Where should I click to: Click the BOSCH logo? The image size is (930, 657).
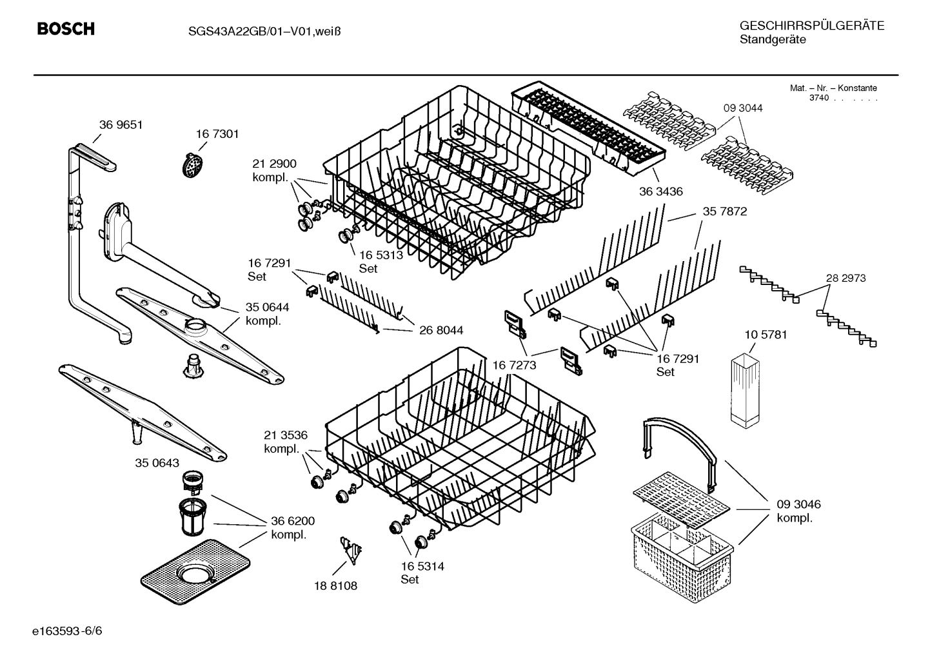coord(66,29)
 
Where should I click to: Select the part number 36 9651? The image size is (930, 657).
coord(121,124)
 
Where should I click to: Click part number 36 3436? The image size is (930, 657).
coord(660,191)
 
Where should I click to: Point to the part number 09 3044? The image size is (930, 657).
coord(742,108)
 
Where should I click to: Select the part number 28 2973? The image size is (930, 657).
coord(846,278)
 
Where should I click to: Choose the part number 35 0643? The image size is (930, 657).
coord(157,463)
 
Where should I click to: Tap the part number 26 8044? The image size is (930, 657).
coord(440,330)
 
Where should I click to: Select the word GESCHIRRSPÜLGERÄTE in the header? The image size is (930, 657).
coord(811,26)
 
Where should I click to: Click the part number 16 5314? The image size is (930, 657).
coord(422,566)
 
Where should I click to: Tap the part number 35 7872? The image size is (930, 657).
coord(724,211)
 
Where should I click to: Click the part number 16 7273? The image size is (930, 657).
coord(514,366)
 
